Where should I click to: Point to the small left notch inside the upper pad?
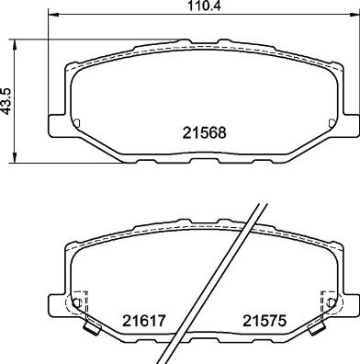[77, 122]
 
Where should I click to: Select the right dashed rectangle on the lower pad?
[325, 304]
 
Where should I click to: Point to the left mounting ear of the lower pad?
[55, 301]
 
